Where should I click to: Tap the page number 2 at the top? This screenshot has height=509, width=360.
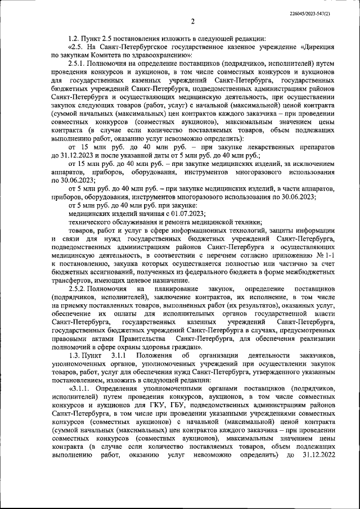[192, 22]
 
